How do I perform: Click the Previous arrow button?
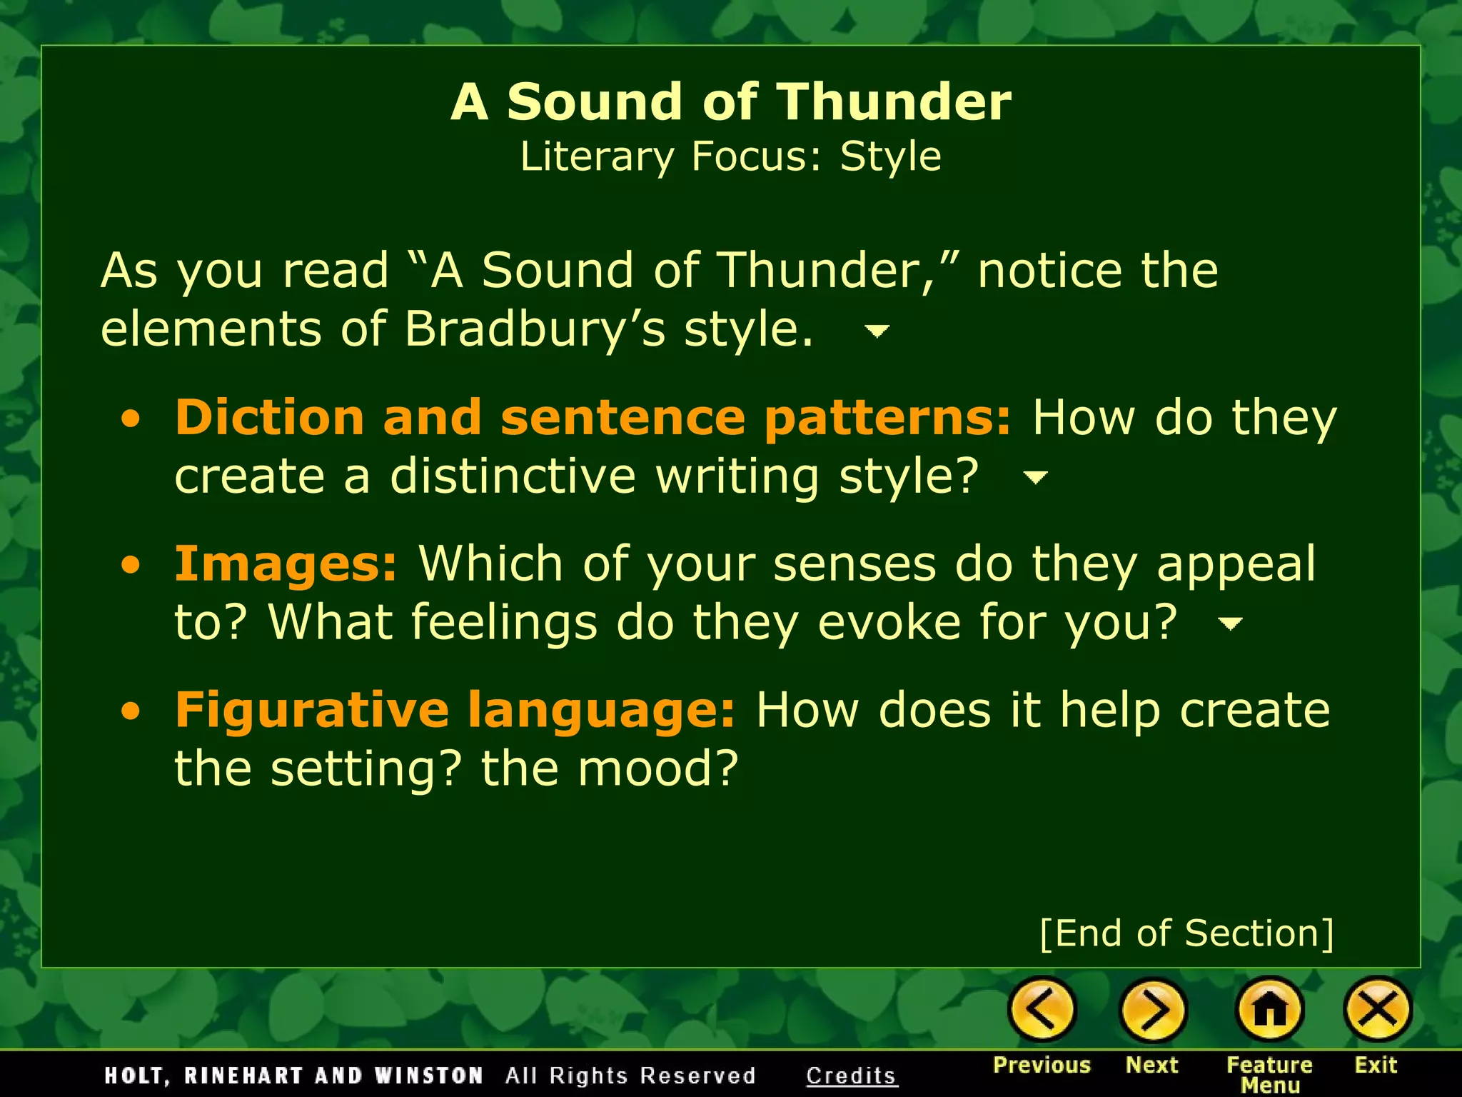(x=1042, y=1009)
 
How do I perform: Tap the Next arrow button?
(x=1152, y=1009)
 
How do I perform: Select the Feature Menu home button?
(x=1269, y=1009)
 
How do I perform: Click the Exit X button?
(x=1376, y=1009)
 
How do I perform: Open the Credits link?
(x=851, y=1076)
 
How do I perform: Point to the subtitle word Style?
(x=890, y=156)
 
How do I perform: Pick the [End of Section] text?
(x=1186, y=933)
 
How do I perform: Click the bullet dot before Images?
(x=131, y=566)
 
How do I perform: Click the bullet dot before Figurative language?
(x=131, y=711)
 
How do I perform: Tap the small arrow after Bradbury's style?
(x=877, y=331)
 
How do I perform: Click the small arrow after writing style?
(x=1035, y=477)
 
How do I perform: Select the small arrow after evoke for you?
(x=1229, y=624)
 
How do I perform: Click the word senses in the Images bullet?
(x=854, y=564)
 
